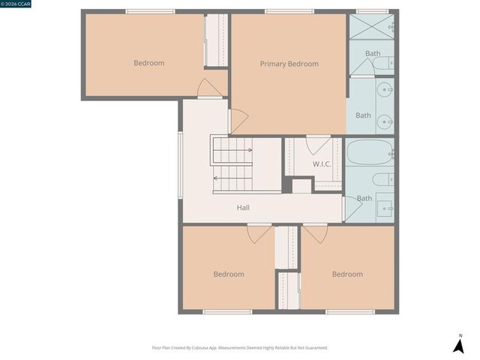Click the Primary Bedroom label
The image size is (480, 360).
click(x=289, y=64)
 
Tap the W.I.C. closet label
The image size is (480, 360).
click(x=322, y=163)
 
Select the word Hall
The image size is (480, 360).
click(x=243, y=208)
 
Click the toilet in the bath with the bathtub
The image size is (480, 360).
click(x=382, y=179)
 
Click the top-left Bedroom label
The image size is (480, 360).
click(x=148, y=63)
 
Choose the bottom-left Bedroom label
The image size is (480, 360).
click(x=228, y=274)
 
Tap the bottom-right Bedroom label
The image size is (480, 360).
click(x=347, y=274)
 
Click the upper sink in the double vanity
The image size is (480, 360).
click(x=385, y=90)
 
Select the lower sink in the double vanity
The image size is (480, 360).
click(x=385, y=119)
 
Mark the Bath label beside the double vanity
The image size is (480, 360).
click(x=363, y=115)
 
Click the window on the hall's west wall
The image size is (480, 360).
click(x=179, y=165)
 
